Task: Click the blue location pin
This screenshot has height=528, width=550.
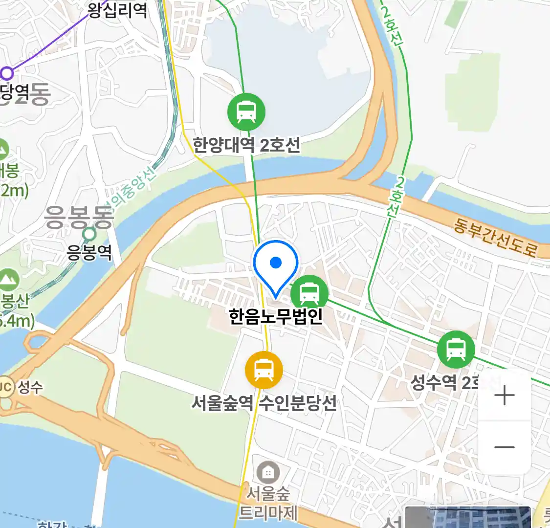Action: coord(276,264)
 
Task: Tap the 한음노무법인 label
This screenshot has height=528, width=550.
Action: coord(276,316)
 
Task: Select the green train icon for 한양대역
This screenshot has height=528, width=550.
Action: coord(246,112)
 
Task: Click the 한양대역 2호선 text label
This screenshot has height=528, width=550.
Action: coord(246,145)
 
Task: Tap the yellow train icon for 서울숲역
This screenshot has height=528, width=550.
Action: coord(264,370)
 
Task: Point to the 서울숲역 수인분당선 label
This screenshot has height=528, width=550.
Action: coord(264,403)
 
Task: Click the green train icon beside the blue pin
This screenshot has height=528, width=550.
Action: coord(309,294)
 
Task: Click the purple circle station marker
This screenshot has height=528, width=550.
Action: coord(7,73)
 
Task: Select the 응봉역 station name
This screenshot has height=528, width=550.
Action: coord(89,253)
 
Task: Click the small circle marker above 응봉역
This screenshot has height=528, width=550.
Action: coord(89,234)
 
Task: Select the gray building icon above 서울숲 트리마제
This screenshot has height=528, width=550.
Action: coord(267,472)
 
